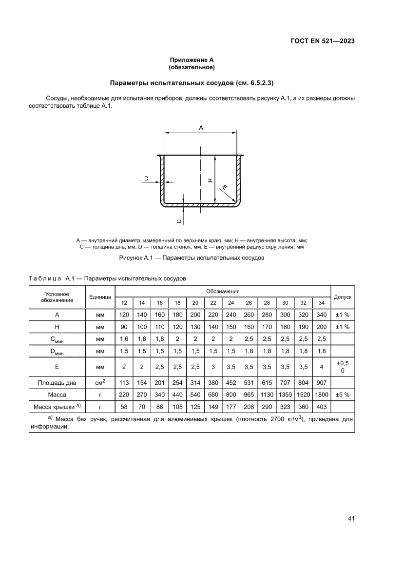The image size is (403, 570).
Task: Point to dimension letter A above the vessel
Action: pos(201,127)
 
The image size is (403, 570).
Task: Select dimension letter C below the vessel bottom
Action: pos(179,221)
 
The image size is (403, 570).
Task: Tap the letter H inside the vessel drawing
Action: pos(210,180)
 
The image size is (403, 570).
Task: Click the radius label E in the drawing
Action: pos(225,187)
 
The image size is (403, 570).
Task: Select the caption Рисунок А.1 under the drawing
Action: pos(192,257)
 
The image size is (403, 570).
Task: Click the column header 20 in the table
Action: pos(195,303)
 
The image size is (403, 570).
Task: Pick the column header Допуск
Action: pos(343,296)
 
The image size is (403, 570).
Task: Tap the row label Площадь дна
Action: pos(57,383)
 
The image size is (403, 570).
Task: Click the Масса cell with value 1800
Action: pos(321,394)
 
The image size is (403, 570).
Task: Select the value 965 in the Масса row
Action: pos(249,394)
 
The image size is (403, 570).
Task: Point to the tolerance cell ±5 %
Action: pos(343,394)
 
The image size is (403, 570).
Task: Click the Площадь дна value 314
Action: pos(195,383)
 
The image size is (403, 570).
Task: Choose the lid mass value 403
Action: pos(321,406)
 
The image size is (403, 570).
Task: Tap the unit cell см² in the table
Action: pos(100,382)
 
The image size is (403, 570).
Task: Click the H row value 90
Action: pos(124,327)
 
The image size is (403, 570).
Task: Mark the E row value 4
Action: pos(321,367)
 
